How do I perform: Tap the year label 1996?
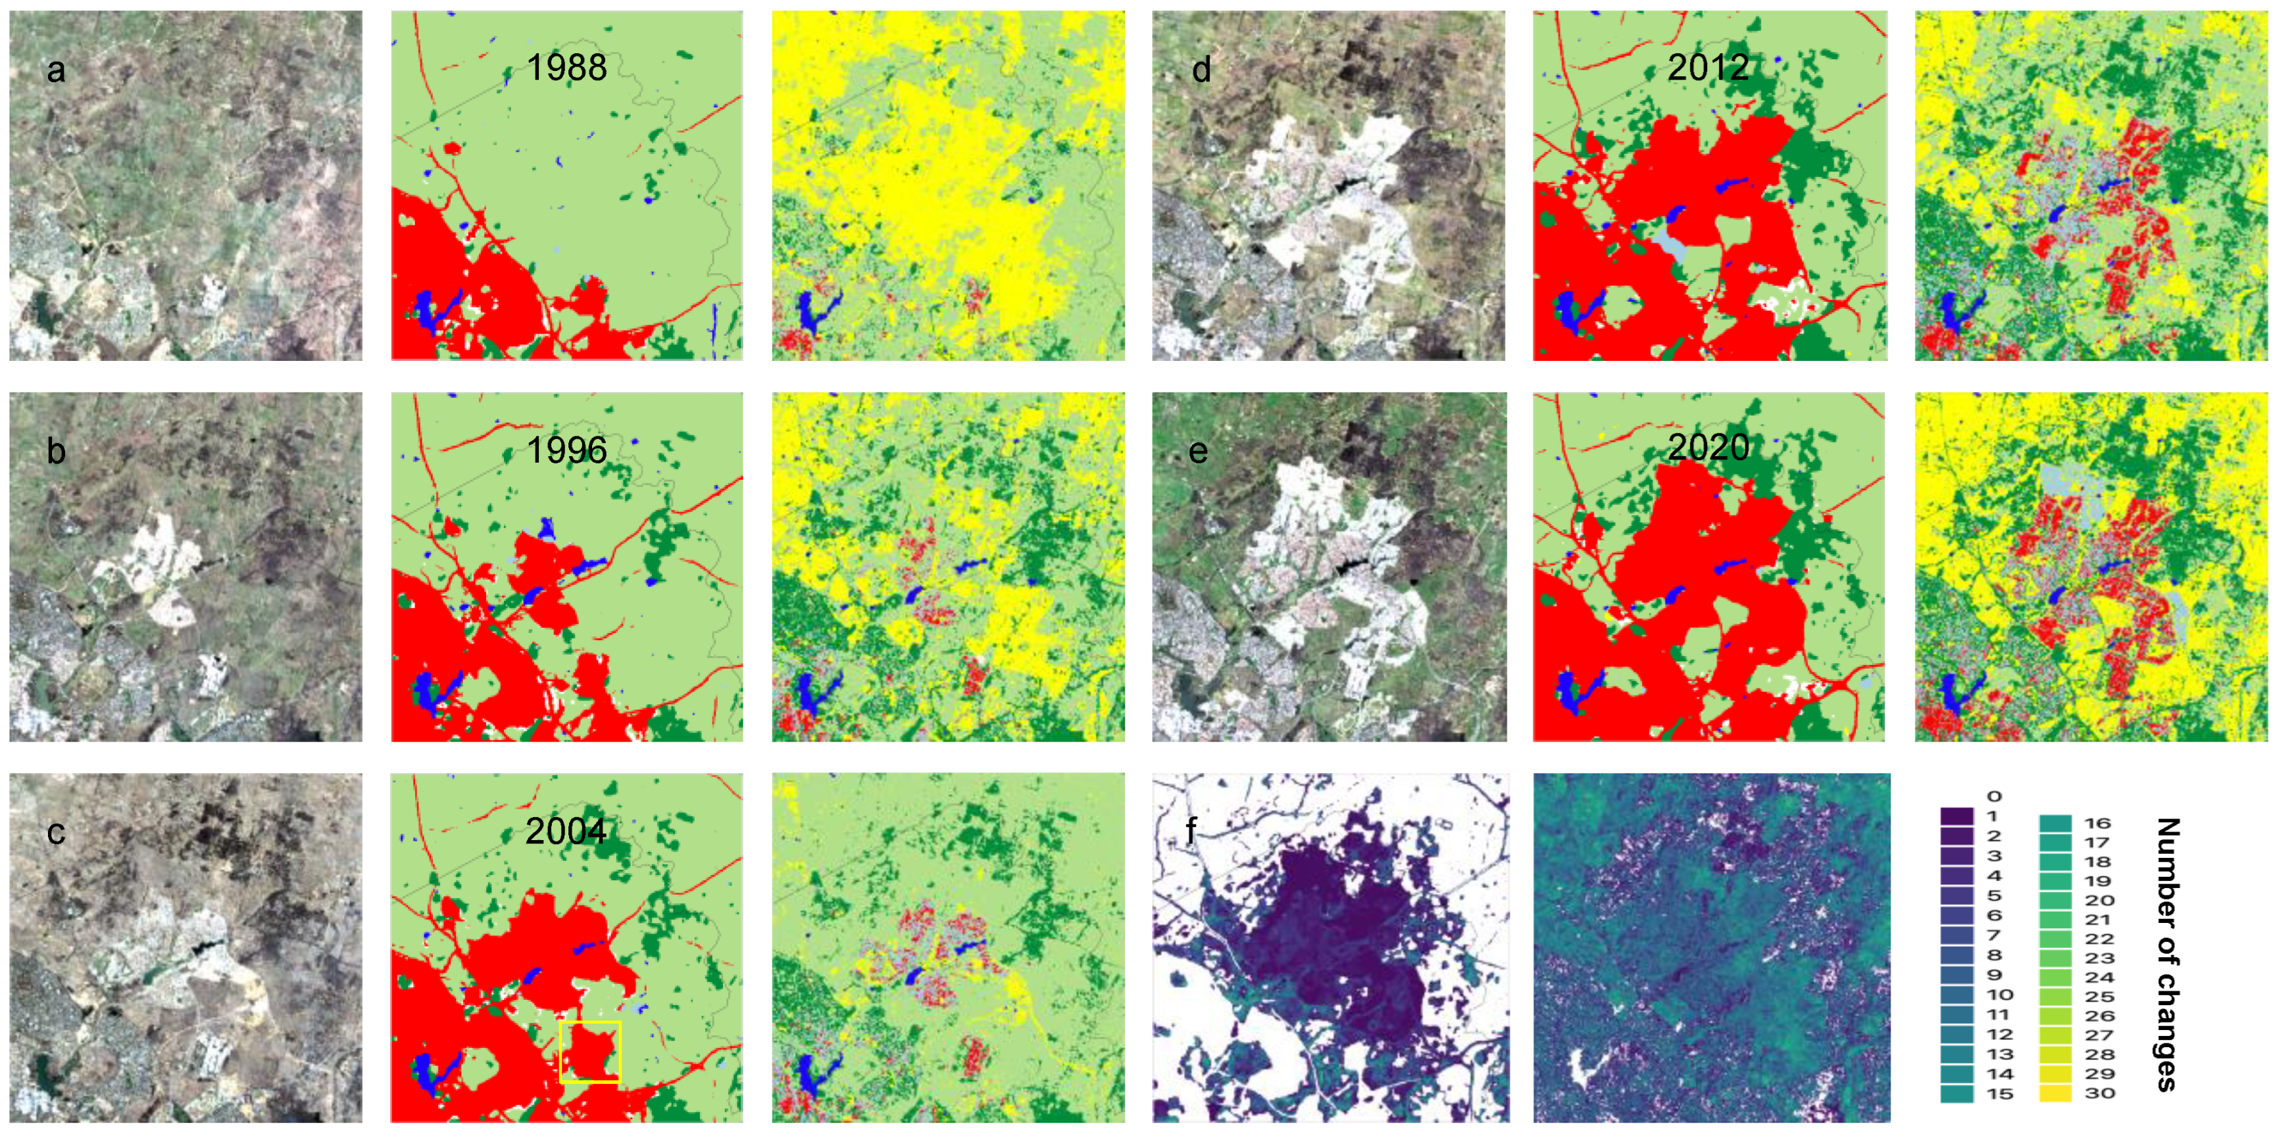coord(567,450)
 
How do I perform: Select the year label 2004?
coord(566,831)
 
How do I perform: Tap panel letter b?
coord(56,451)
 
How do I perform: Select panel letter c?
coord(56,832)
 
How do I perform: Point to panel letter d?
coord(1201,70)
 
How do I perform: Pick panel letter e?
coord(1198,452)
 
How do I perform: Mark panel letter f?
coord(1191,831)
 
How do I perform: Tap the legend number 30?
coord(2100,1093)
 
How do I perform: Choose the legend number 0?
coord(1993,796)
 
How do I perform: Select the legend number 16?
coord(2097,824)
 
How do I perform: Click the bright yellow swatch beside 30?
coord(2055,1093)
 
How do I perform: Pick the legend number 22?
coord(2098,939)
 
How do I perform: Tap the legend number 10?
coord(1999,995)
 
